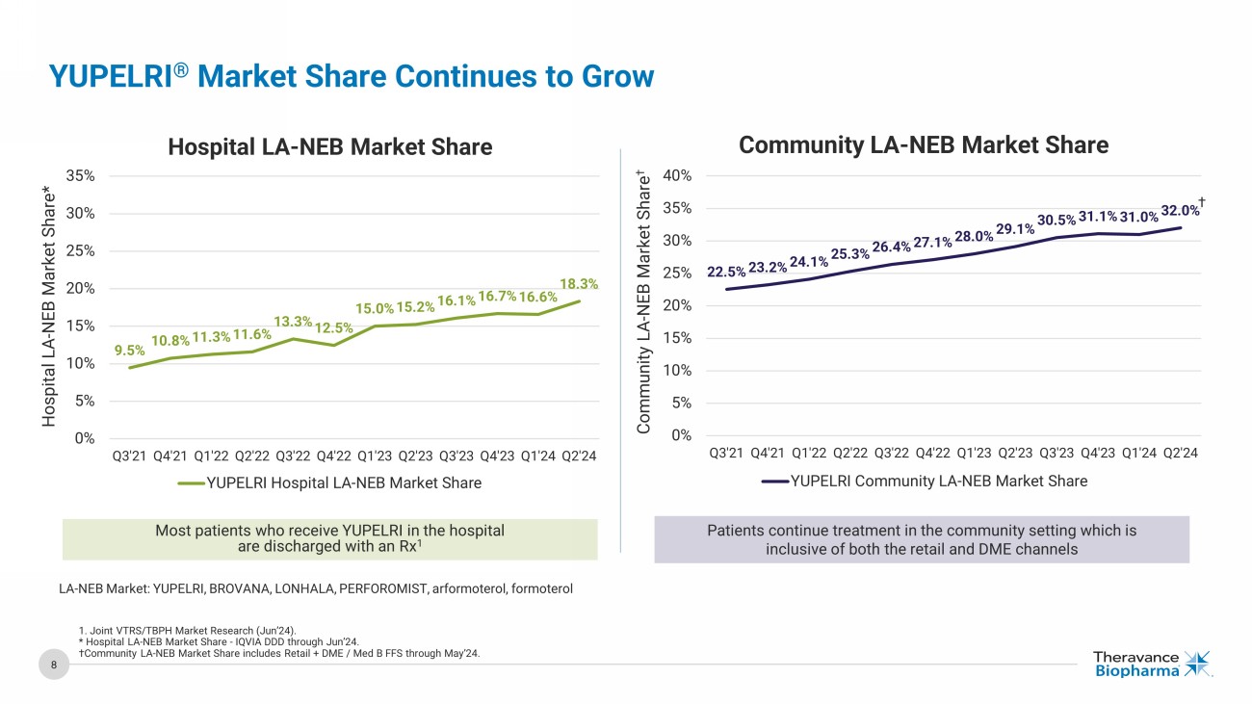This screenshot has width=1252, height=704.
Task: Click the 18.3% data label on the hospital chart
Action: click(580, 284)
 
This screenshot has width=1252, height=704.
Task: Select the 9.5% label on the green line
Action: click(129, 351)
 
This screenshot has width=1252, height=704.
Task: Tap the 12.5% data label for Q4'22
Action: click(333, 328)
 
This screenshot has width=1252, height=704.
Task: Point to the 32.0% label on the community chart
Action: click(1181, 210)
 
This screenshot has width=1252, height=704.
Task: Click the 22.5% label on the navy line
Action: click(726, 272)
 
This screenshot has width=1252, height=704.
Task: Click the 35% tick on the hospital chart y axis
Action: click(80, 175)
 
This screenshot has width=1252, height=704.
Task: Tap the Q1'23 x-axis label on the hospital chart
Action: click(374, 456)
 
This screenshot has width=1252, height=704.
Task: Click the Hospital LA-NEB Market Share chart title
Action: click(329, 146)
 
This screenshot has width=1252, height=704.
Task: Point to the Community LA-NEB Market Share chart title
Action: click(924, 144)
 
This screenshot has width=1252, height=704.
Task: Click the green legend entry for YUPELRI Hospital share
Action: click(329, 482)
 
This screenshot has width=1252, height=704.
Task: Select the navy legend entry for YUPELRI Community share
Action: click(924, 481)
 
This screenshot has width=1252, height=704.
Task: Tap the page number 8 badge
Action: click(54, 665)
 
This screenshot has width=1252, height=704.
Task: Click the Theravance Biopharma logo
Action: click(1152, 664)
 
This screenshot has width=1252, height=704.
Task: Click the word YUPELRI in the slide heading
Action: click(109, 76)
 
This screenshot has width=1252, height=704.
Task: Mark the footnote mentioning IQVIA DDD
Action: click(220, 641)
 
